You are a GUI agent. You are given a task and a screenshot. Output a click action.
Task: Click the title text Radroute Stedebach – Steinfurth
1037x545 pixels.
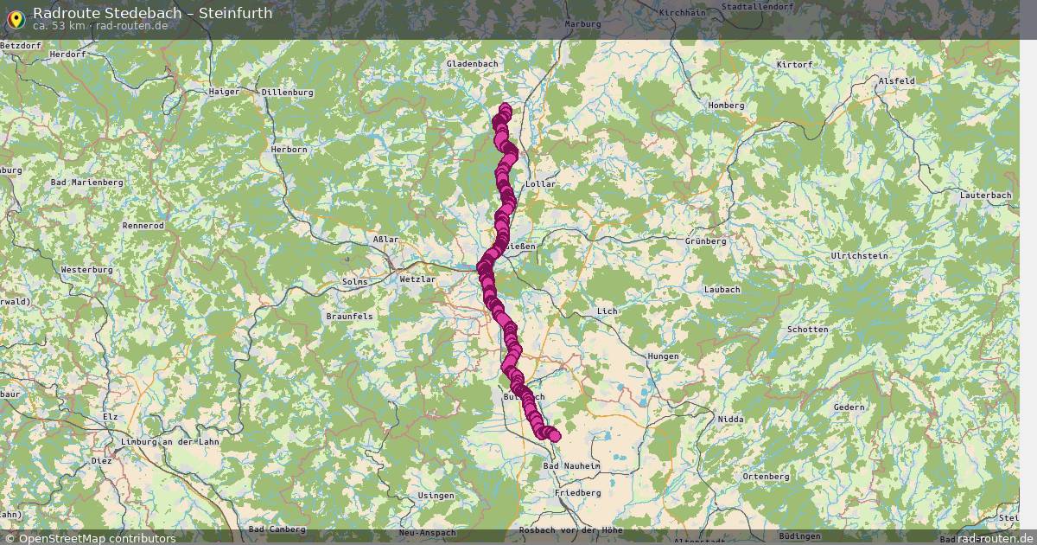153,12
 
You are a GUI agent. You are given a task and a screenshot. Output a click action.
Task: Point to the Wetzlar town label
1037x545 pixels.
417,280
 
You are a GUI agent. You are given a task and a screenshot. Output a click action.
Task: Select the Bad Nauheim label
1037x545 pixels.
571,465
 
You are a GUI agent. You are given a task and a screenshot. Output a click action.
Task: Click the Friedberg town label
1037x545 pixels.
578,492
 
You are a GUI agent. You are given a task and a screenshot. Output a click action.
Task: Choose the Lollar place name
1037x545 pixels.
541,184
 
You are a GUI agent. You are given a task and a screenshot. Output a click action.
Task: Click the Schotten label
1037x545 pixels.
807,330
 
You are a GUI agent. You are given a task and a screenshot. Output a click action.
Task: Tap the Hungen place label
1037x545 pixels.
662,356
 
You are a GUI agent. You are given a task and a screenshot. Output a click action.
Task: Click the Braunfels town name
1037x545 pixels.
349,317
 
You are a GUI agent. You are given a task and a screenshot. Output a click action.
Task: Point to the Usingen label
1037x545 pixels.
436,496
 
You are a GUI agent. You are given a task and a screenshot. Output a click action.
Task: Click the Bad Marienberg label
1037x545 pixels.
87,183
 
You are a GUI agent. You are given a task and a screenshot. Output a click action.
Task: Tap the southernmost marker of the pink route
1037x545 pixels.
554,436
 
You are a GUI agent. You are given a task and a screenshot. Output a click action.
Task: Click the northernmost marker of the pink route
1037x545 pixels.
506,109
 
